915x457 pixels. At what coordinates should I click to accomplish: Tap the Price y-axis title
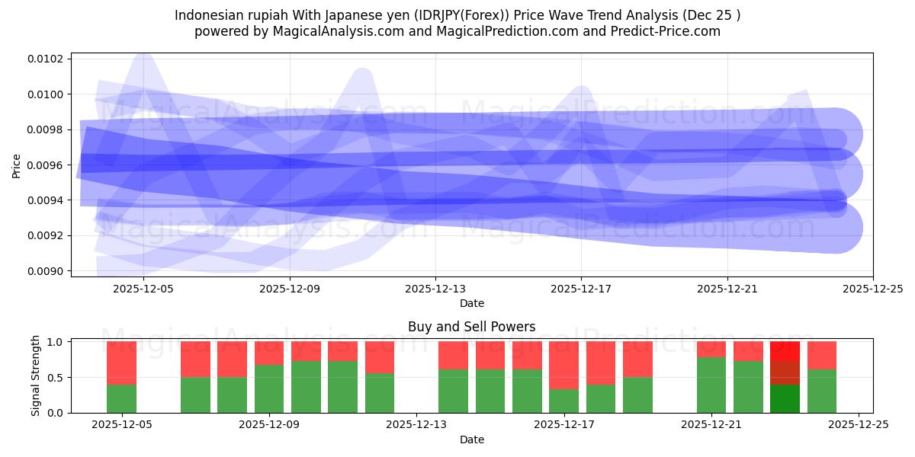17,165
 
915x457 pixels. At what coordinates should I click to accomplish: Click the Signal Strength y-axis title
35,376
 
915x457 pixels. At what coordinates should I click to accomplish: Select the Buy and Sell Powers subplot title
471,327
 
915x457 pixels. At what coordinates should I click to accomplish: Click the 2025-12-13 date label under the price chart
435,289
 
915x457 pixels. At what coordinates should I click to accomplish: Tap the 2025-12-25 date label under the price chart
872,289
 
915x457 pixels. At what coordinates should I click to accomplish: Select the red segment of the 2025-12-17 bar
563,365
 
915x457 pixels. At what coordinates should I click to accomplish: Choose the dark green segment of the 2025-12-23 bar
785,398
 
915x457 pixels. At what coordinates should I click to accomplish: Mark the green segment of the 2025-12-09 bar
269,388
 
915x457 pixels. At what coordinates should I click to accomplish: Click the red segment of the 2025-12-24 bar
822,355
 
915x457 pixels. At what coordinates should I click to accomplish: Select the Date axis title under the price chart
471,303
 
